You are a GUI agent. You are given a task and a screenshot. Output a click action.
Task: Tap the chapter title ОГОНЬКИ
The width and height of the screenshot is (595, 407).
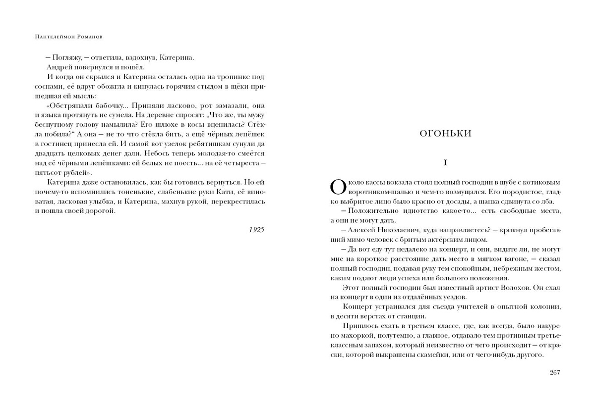(x=445, y=133)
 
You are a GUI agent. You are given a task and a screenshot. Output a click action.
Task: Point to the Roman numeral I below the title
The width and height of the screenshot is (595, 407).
(x=445, y=162)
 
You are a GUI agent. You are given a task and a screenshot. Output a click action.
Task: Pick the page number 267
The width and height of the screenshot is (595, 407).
(x=555, y=373)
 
